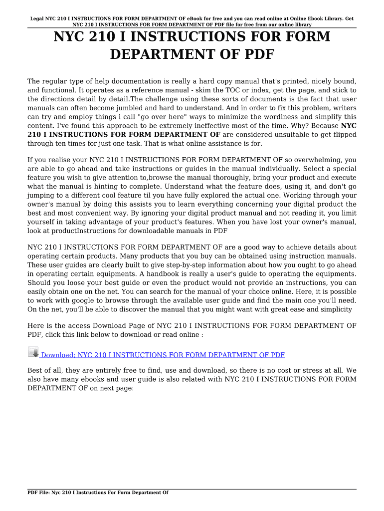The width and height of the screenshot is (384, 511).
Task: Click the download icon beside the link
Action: [33, 352]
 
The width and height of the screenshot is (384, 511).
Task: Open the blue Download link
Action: [163, 355]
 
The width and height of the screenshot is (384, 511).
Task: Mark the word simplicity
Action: [334, 309]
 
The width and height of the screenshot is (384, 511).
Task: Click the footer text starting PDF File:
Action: [98, 493]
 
